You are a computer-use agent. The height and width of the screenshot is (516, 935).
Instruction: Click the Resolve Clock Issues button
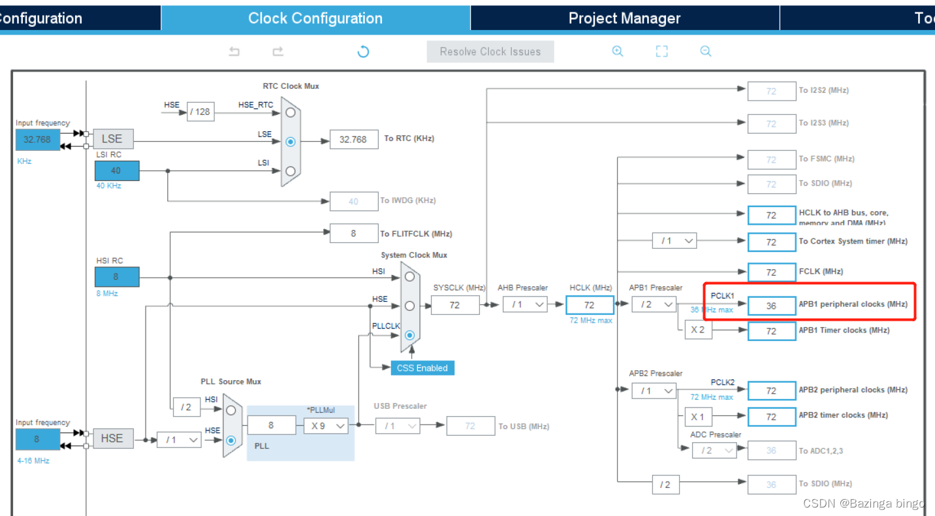pos(490,52)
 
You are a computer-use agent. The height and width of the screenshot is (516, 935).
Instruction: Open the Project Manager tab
pos(624,18)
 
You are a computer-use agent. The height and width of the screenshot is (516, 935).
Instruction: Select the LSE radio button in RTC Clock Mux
pos(291,141)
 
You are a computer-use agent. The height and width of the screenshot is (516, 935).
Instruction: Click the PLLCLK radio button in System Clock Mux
pos(409,335)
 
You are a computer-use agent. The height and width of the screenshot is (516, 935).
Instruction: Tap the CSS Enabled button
pos(422,368)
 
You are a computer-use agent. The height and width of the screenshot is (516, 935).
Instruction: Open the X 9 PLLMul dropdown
pos(326,426)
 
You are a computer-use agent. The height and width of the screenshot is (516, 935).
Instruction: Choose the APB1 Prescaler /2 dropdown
pos(654,304)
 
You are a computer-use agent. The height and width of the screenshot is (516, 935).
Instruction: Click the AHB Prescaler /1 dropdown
pos(525,304)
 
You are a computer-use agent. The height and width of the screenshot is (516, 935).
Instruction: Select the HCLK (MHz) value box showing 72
pos(590,305)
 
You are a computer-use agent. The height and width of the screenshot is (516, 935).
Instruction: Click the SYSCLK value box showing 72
pos(454,305)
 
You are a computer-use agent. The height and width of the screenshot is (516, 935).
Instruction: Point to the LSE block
pos(112,138)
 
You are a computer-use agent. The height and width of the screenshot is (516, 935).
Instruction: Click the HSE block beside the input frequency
pos(112,438)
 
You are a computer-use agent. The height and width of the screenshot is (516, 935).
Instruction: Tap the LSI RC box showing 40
pos(116,170)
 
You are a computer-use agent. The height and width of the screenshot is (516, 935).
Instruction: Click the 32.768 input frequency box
pos(38,139)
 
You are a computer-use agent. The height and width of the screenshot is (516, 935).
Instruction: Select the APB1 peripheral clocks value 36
pos(771,305)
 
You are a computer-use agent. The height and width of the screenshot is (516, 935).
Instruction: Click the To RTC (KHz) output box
pos(353,139)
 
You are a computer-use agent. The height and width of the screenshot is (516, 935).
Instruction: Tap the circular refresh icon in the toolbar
pos(364,52)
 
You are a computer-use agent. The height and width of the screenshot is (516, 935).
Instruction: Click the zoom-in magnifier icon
pos(618,52)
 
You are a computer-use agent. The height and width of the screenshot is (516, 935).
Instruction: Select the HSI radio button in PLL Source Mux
pos(230,411)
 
